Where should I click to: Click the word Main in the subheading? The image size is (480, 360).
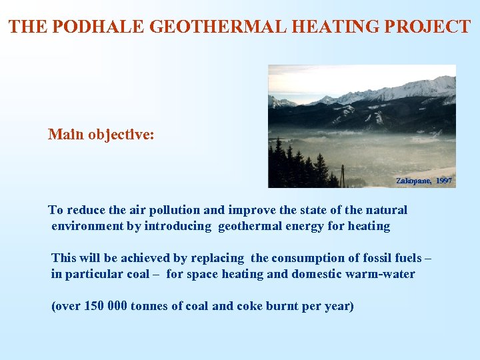[65, 135]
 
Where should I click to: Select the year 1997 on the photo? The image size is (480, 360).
[444, 181]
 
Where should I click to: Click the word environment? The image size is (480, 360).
[87, 226]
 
